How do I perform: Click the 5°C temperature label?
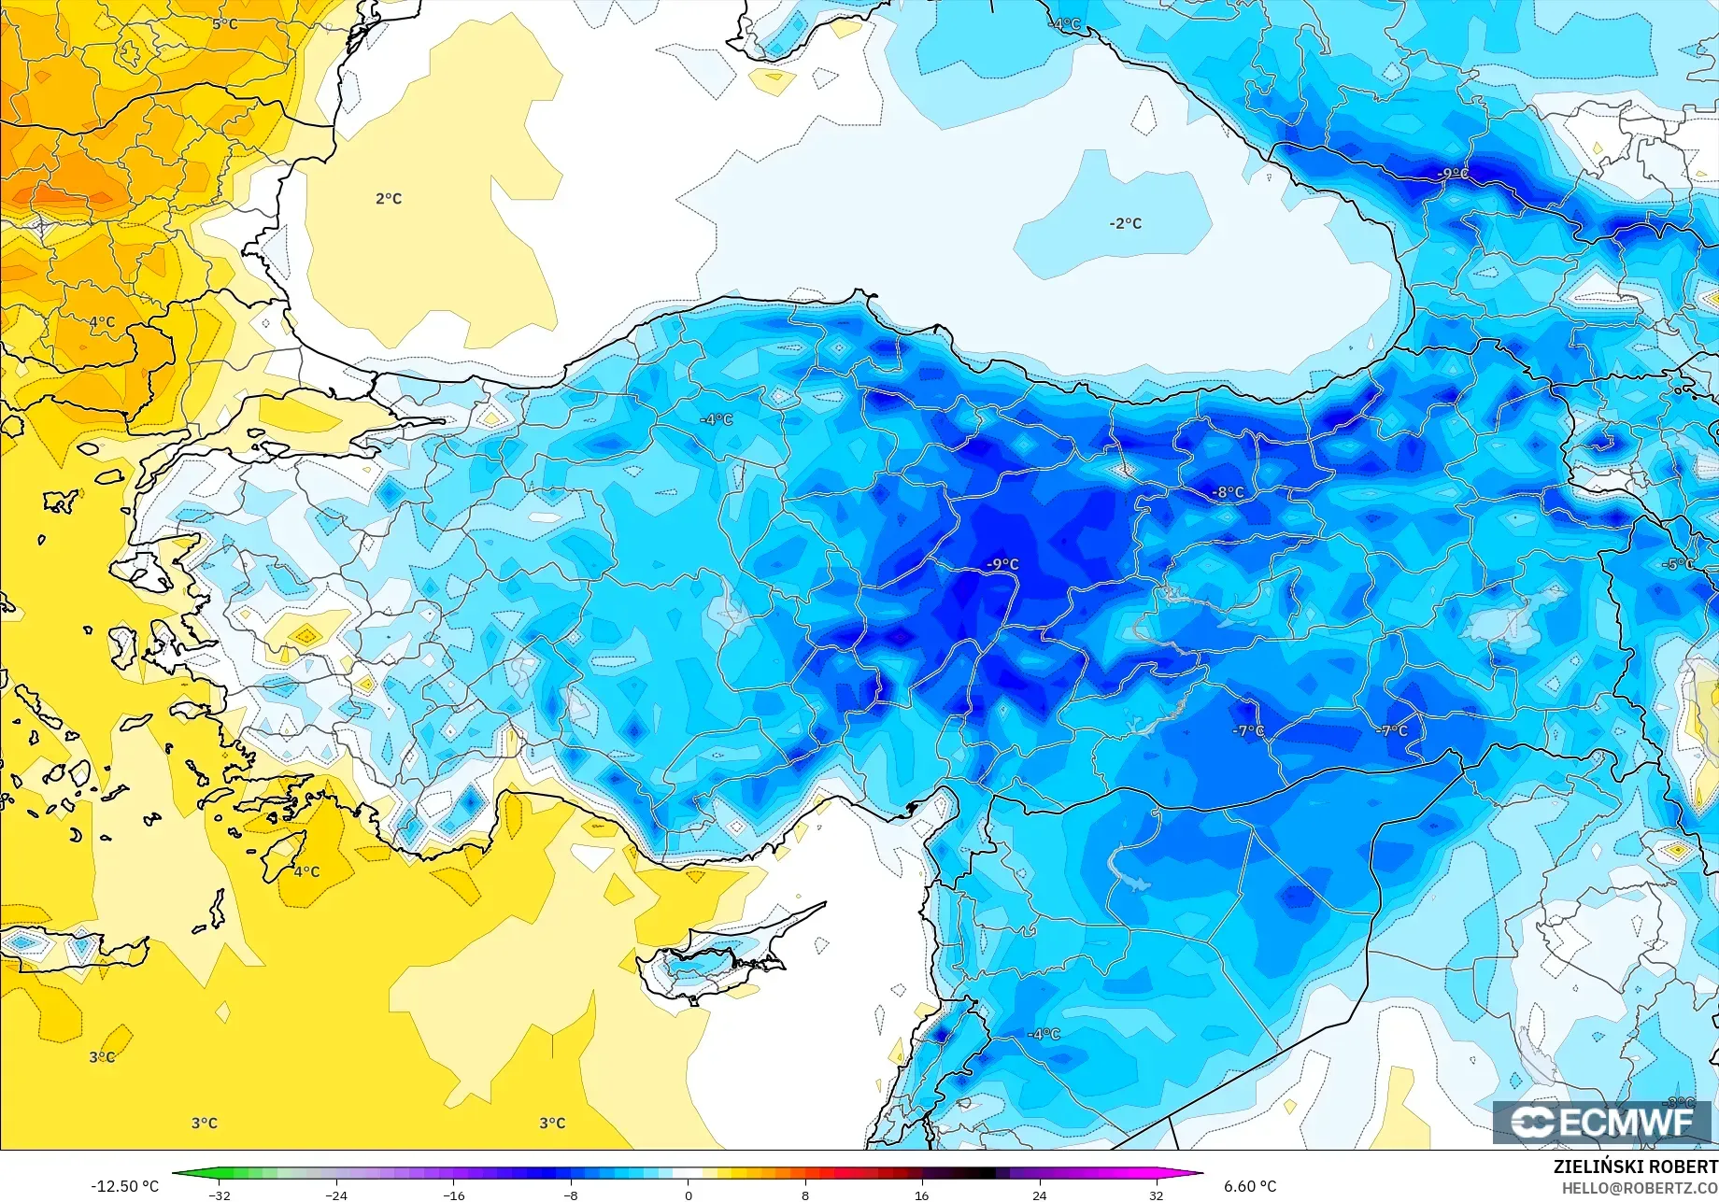pyautogui.click(x=224, y=23)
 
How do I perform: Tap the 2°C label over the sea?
pyautogui.click(x=389, y=199)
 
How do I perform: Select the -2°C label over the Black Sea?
pyautogui.click(x=1125, y=223)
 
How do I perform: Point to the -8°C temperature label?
pyautogui.click(x=1228, y=492)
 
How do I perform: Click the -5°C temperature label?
pyautogui.click(x=1678, y=564)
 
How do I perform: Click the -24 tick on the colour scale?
pyautogui.click(x=336, y=1195)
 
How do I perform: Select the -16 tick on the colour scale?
pyautogui.click(x=453, y=1195)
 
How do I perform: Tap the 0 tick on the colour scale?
pyautogui.click(x=689, y=1195)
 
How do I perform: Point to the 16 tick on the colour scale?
pyautogui.click(x=922, y=1195)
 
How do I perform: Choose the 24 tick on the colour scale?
pyautogui.click(x=1039, y=1195)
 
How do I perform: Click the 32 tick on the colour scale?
pyautogui.click(x=1157, y=1195)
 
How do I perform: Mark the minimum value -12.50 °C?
pyautogui.click(x=125, y=1186)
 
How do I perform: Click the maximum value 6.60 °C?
pyautogui.click(x=1250, y=1186)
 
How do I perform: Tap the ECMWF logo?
pyautogui.click(x=1601, y=1122)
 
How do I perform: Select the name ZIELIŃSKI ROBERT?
pyautogui.click(x=1635, y=1167)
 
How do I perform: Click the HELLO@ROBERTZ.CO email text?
pyautogui.click(x=1640, y=1188)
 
